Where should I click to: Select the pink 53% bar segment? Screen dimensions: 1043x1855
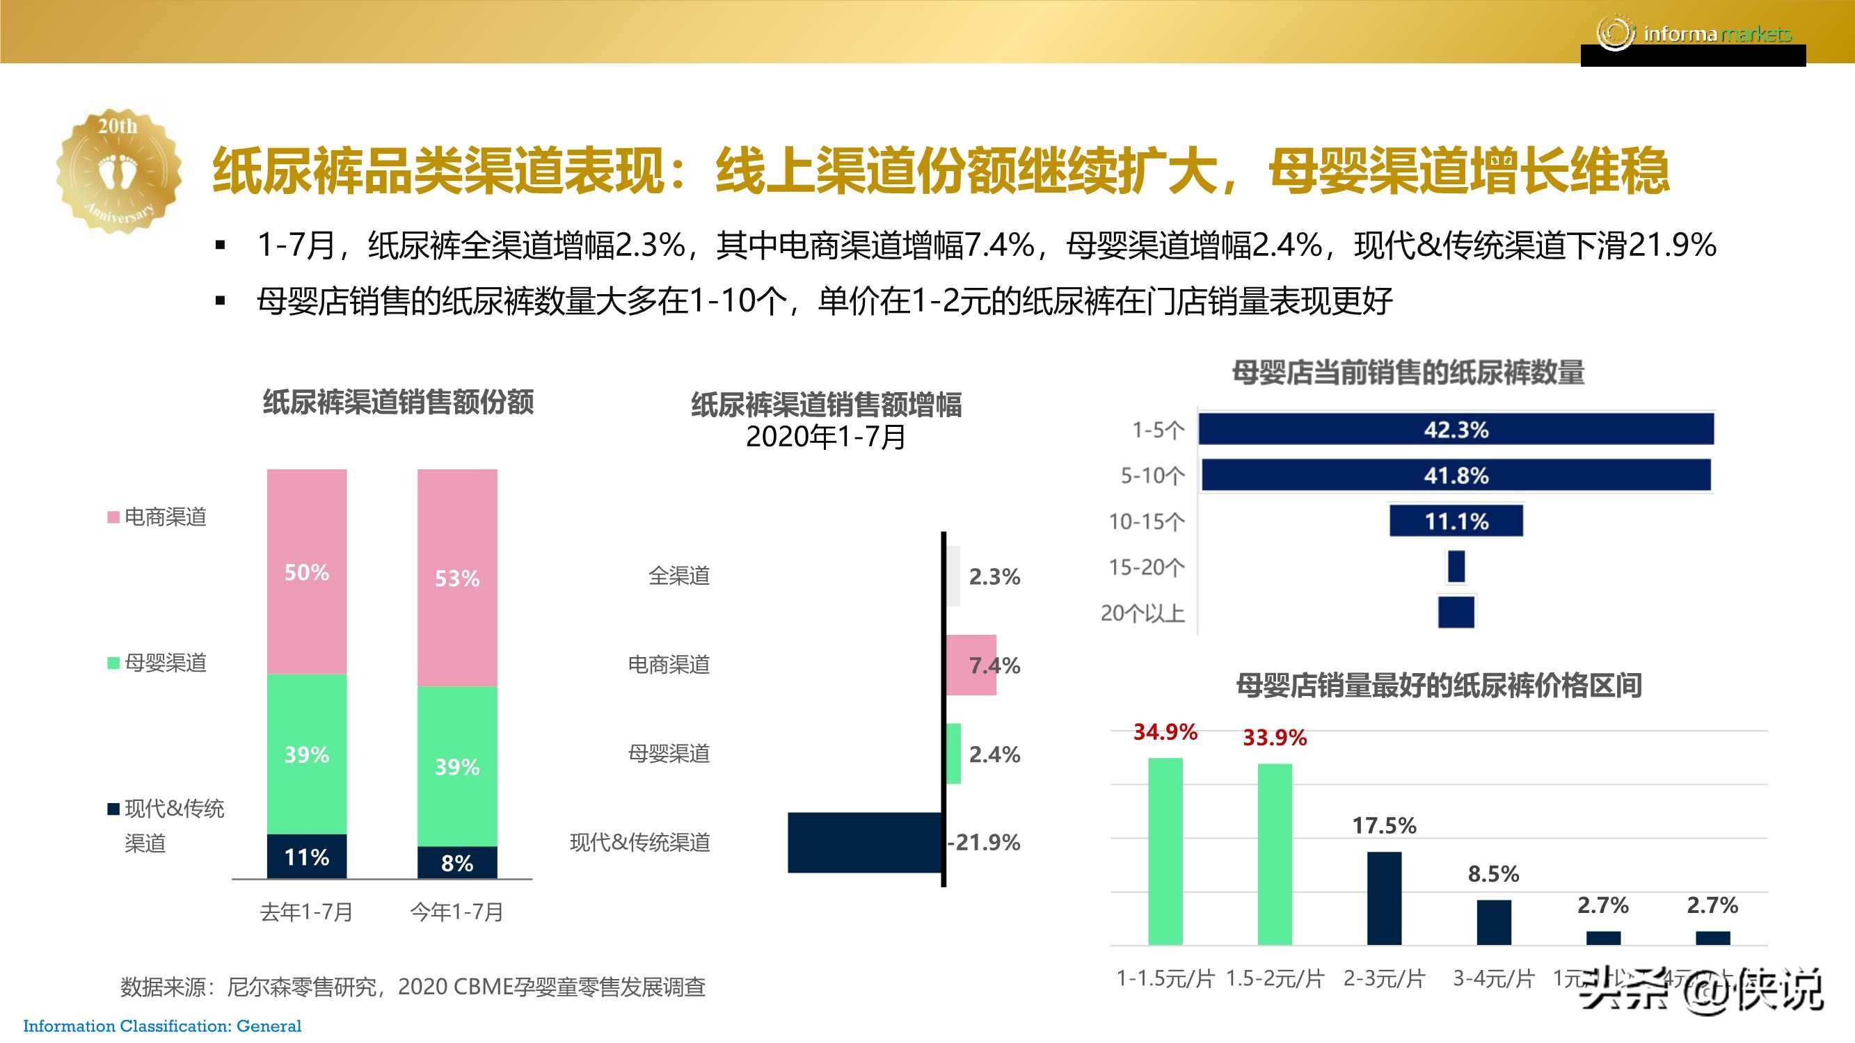coord(457,577)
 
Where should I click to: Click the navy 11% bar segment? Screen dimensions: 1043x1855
coord(307,856)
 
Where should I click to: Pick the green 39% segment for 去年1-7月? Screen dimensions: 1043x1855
coord(307,754)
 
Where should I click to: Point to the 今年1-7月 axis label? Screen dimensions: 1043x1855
coord(456,912)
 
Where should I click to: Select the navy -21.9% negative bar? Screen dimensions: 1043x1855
coord(865,842)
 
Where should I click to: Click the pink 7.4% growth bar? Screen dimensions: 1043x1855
coord(971,665)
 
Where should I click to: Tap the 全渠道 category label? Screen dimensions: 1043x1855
coord(678,576)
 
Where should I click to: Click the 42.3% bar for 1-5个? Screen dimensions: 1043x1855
coord(1456,430)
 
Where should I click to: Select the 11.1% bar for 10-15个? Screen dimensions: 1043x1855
coord(1456,520)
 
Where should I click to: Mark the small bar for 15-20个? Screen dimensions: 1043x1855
coord(1456,567)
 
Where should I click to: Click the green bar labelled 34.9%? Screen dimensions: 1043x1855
coord(1165,851)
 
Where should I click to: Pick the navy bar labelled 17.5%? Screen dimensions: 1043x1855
coord(1384,898)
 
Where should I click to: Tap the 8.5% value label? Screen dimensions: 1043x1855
coord(1493,874)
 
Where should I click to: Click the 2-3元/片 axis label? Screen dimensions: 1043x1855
coord(1384,979)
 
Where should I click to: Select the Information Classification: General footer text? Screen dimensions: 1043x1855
coord(162,1026)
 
